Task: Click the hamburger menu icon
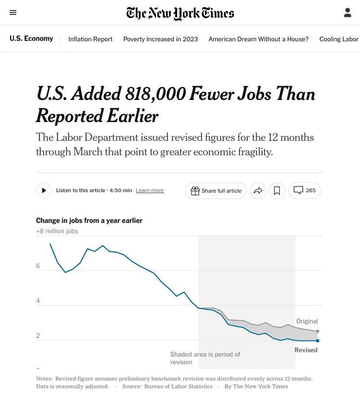click(x=13, y=12)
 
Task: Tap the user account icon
click(x=348, y=13)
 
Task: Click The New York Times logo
click(x=180, y=13)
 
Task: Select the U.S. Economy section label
click(x=31, y=38)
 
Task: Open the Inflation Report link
click(x=90, y=39)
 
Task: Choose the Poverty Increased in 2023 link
click(x=160, y=39)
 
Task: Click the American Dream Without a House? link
click(x=258, y=39)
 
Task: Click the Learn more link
click(x=150, y=191)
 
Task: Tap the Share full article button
click(x=216, y=191)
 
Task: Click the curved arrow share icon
click(x=258, y=191)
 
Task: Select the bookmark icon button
click(x=277, y=191)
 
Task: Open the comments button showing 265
click(x=304, y=191)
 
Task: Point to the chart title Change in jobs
click(x=89, y=221)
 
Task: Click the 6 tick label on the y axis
click(x=38, y=266)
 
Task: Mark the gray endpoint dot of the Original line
click(x=318, y=331)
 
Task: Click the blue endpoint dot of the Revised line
click(x=318, y=341)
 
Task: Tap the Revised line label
click(x=306, y=350)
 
